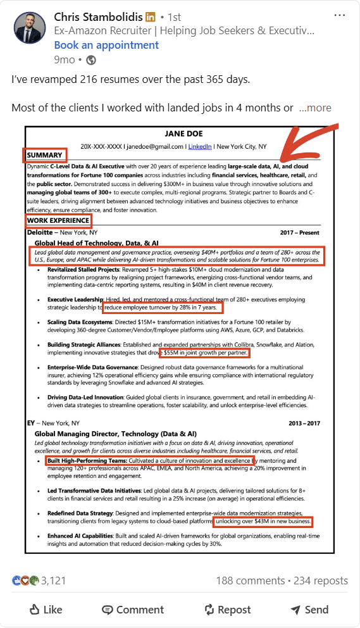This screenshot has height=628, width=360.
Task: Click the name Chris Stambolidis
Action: coord(98,16)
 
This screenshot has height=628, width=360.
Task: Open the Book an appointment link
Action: coord(106,45)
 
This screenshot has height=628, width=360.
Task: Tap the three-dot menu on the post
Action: coord(340,15)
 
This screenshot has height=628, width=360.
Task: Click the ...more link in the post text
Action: coord(315,108)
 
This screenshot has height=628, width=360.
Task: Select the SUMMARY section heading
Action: coord(44,155)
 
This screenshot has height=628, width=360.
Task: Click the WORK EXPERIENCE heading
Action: coord(58,220)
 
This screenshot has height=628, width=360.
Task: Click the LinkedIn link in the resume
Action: coord(199,146)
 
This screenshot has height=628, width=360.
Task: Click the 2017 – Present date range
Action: coord(300,232)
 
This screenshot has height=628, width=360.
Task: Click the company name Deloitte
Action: coord(40,232)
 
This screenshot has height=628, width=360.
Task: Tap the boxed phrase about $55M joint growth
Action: coord(204,353)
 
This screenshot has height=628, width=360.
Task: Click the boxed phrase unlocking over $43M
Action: coord(263,521)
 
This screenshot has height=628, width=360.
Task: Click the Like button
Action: coord(46,610)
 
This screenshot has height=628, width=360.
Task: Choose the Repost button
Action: coord(227,610)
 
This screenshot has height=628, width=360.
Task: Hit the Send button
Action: coord(309,610)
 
